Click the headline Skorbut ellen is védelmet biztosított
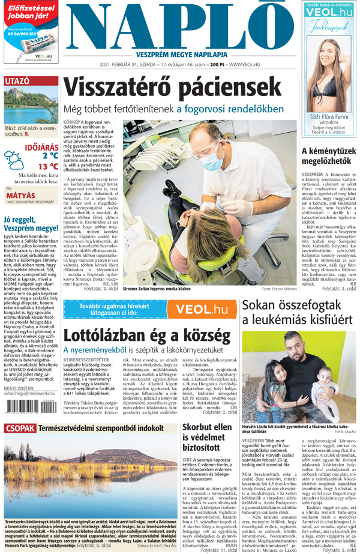pos(207,454)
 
